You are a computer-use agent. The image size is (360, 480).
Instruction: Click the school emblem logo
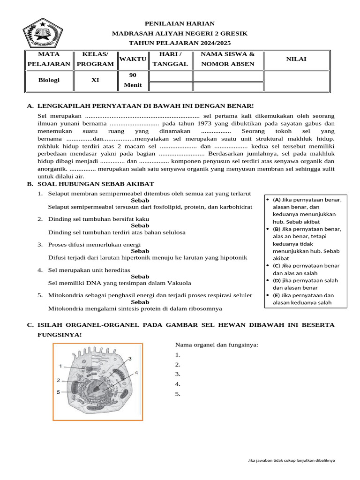tap(43, 32)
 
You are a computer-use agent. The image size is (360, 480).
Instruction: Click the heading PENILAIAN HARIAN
tap(180, 23)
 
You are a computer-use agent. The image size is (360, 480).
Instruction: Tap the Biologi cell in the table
tap(49, 80)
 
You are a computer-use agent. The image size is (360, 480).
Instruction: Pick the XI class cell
tap(95, 80)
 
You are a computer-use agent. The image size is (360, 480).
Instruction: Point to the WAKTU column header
tap(133, 59)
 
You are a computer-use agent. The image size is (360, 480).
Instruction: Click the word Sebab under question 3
tap(140, 251)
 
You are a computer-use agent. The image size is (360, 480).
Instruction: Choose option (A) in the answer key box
tap(276, 200)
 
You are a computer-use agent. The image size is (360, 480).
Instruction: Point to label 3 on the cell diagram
tap(129, 359)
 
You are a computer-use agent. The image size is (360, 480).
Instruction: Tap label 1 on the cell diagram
tap(61, 365)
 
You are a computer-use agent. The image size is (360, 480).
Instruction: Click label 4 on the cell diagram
tap(136, 373)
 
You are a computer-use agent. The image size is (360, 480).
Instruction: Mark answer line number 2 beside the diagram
tap(178, 365)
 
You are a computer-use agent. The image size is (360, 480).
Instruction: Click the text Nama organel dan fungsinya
tap(217, 345)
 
